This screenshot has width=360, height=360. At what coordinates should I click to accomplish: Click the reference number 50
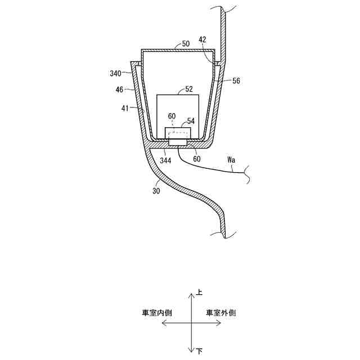[x=186, y=43]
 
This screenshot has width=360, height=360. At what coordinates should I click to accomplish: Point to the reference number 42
[x=202, y=40]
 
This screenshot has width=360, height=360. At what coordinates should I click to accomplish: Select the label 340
[x=115, y=73]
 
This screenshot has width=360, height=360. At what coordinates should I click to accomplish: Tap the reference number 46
[x=119, y=89]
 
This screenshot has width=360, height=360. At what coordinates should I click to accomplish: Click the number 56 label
[x=236, y=81]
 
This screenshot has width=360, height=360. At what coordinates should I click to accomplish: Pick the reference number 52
[x=188, y=89]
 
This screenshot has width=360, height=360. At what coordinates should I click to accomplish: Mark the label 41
[x=124, y=107]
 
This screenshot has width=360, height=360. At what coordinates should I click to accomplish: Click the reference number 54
[x=191, y=120]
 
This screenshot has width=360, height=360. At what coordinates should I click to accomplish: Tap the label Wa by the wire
[x=231, y=160]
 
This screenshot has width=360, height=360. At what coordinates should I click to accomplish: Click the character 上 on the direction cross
[x=200, y=292]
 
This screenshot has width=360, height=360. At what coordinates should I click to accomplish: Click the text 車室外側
[x=220, y=313]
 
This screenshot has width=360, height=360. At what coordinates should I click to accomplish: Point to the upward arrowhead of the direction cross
[x=191, y=294]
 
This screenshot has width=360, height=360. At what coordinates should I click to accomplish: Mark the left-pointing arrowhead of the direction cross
[x=164, y=322]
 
